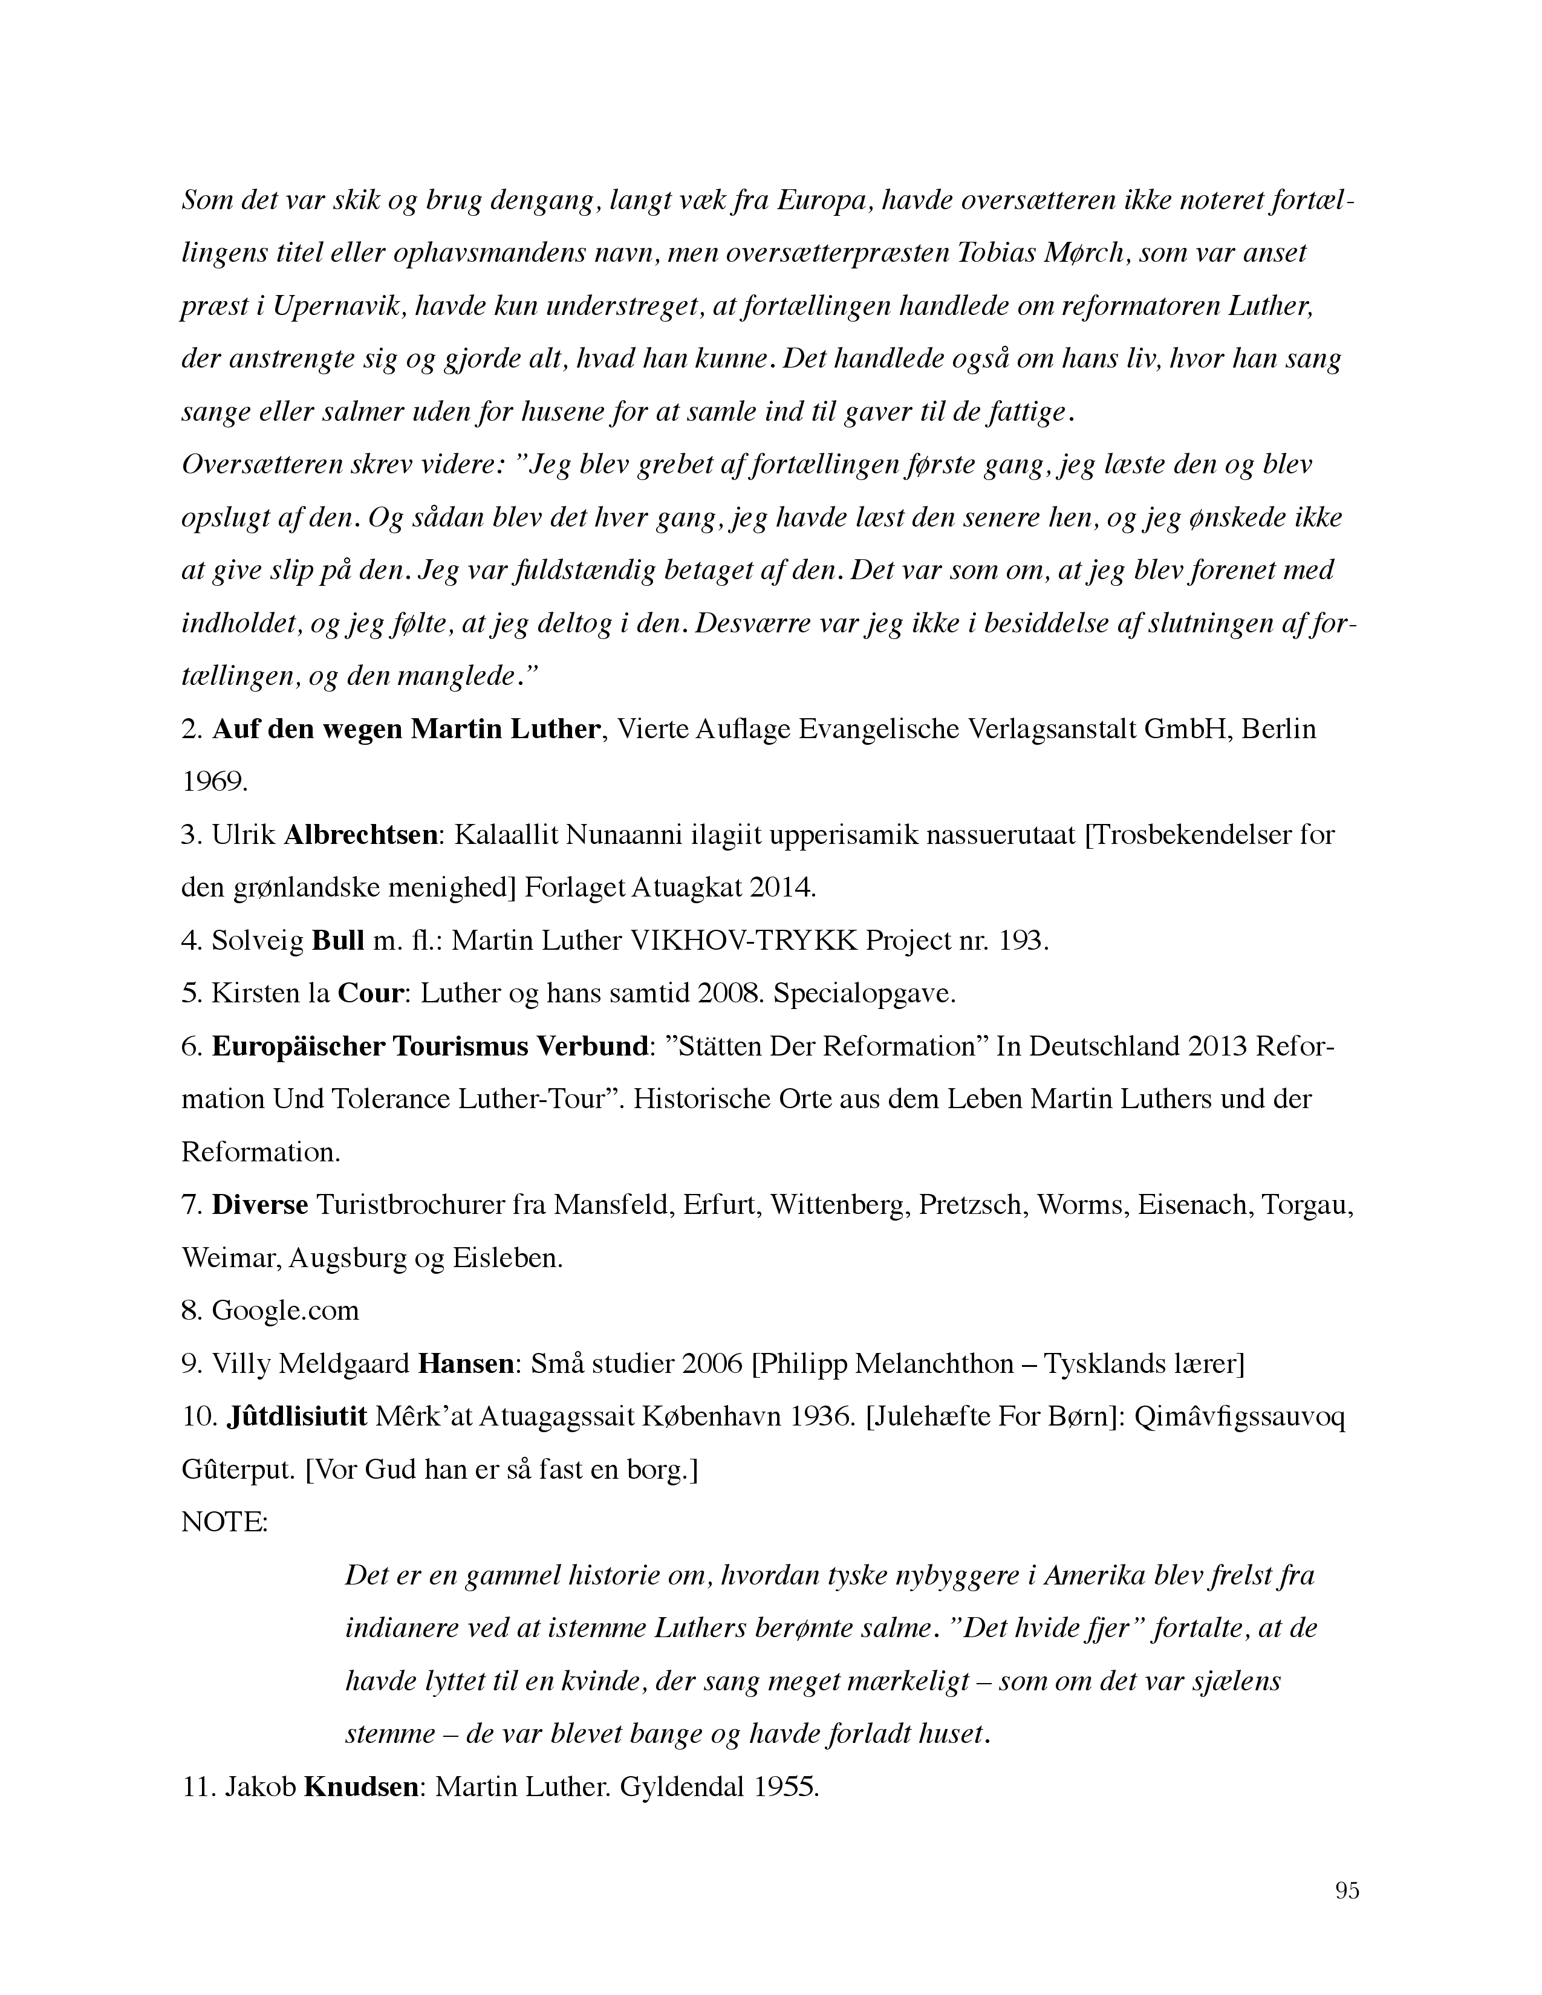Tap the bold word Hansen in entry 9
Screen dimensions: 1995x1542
click(x=466, y=1364)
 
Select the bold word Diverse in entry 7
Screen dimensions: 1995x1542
click(x=261, y=1206)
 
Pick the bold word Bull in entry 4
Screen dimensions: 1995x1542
click(x=338, y=941)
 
